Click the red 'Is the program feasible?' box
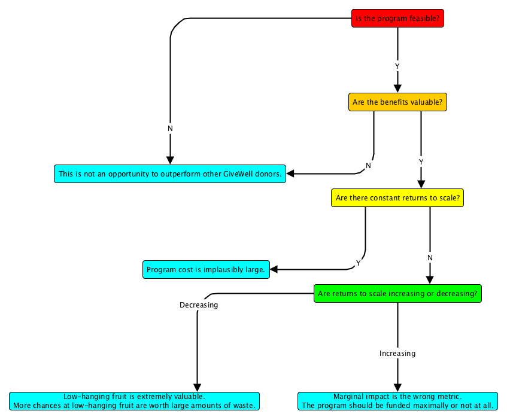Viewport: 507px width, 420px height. [397, 19]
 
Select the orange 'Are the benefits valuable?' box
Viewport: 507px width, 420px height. [397, 102]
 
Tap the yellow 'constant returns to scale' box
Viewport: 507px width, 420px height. [397, 198]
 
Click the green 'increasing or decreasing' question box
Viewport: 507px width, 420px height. [397, 294]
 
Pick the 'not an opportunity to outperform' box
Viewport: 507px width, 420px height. [170, 174]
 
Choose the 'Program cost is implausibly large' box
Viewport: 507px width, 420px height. [206, 270]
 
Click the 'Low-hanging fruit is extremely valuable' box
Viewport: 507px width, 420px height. [134, 401]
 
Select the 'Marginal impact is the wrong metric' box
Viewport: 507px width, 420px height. [397, 401]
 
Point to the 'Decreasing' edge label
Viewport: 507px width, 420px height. [199, 305]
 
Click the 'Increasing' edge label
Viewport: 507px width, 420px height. [397, 354]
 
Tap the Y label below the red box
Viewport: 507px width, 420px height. [397, 65]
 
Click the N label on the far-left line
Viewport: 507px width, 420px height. [170, 129]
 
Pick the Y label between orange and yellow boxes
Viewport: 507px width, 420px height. [421, 162]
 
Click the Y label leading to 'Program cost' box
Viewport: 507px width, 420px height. [359, 263]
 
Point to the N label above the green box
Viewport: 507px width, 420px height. [430, 257]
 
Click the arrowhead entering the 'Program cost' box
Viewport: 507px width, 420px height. [275, 270]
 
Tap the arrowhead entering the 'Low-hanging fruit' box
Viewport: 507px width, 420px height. [197, 388]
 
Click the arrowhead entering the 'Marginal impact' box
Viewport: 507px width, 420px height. [397, 388]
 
